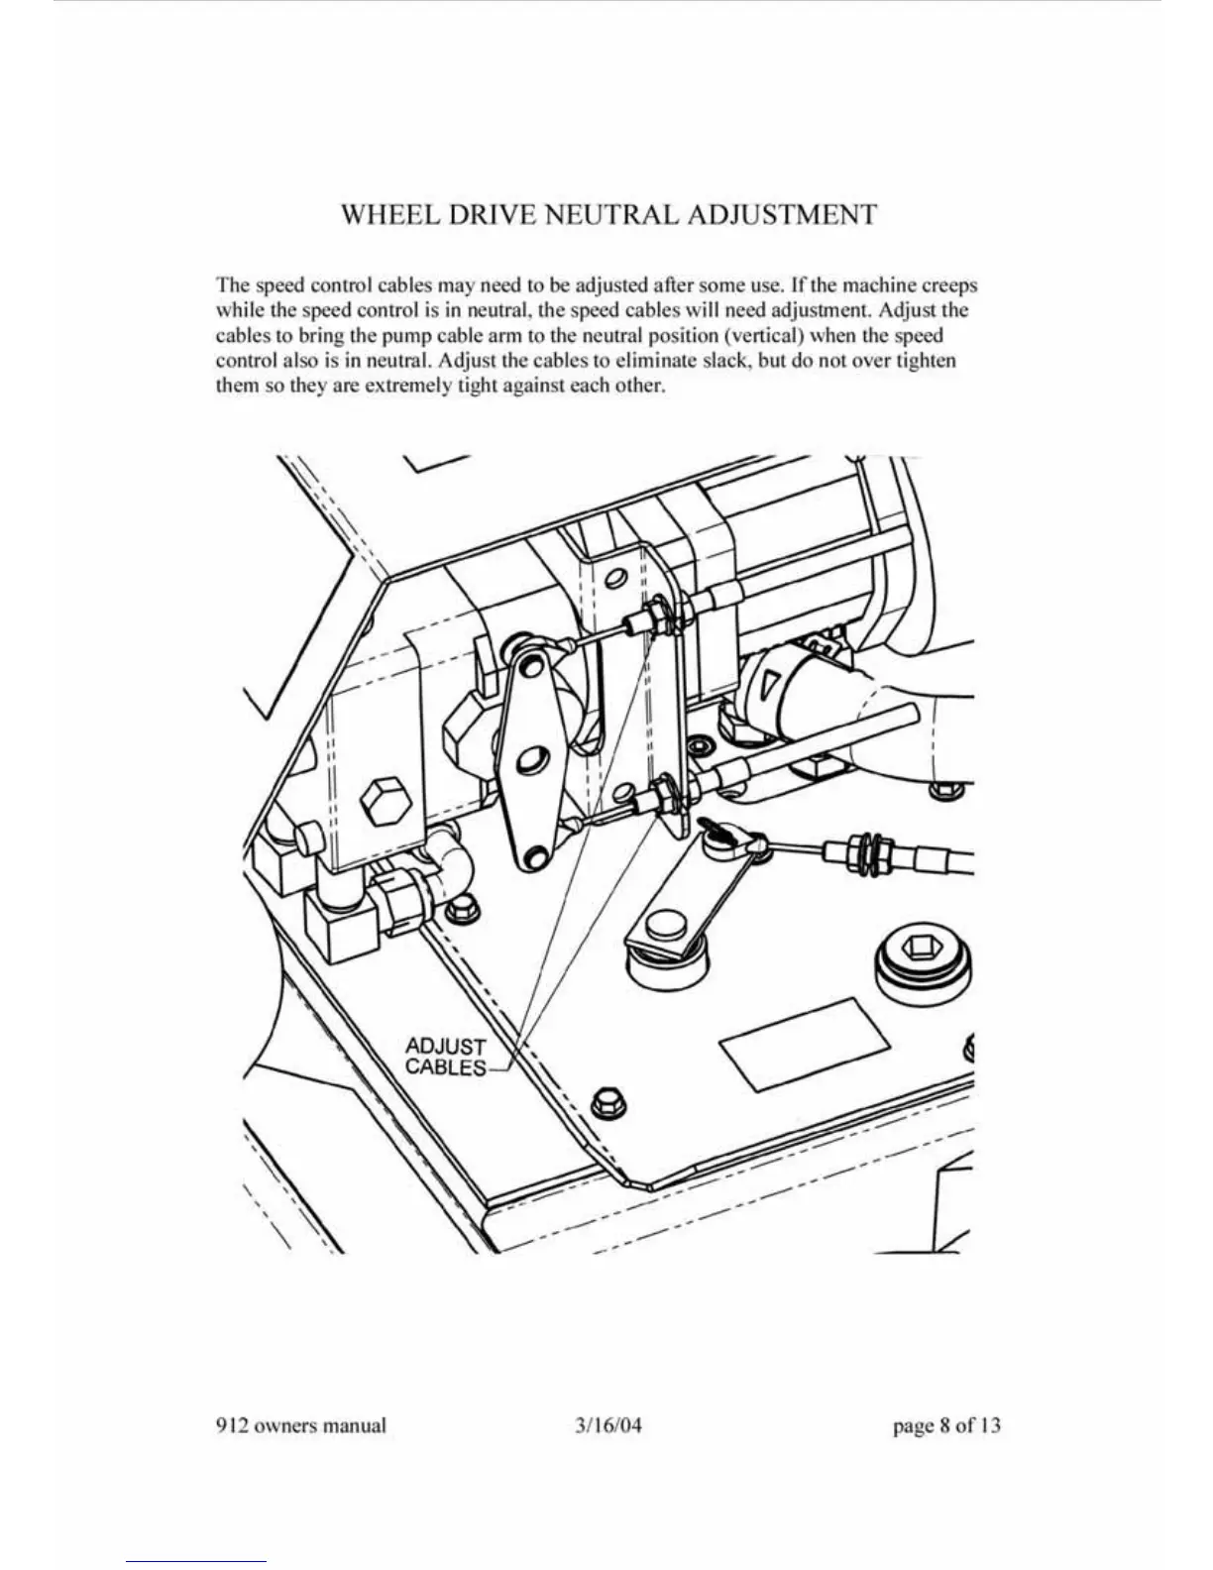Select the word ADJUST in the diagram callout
[446, 1047]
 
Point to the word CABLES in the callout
[446, 1067]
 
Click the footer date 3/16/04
[607, 1426]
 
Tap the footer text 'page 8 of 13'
[946, 1426]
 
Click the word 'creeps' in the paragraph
[945, 285]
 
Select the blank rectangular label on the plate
[804, 1045]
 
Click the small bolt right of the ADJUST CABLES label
[606, 1101]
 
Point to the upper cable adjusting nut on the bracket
[657, 616]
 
